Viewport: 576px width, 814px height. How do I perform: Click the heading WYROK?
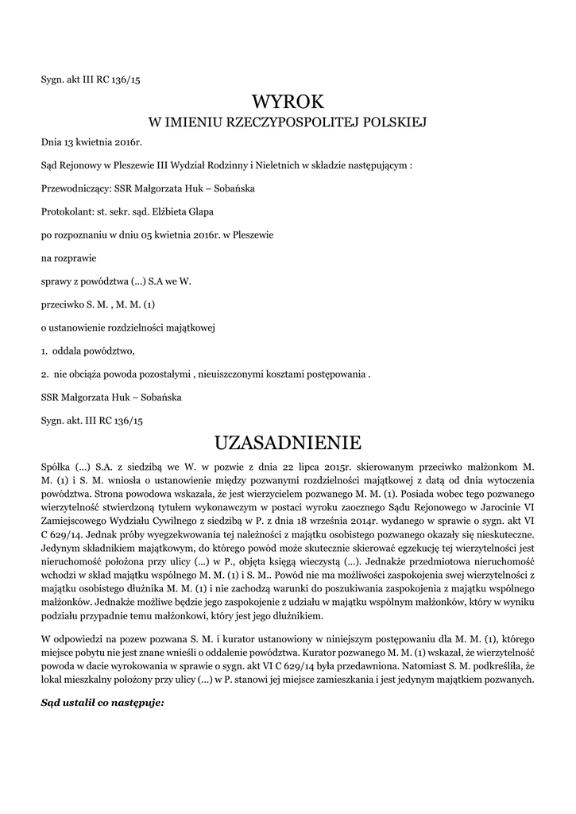pos(288,102)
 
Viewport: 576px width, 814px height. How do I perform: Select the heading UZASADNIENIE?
pos(288,441)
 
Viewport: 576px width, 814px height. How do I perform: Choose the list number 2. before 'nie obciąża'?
pos(44,374)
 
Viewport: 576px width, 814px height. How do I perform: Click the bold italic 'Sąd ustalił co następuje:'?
pos(102,702)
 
